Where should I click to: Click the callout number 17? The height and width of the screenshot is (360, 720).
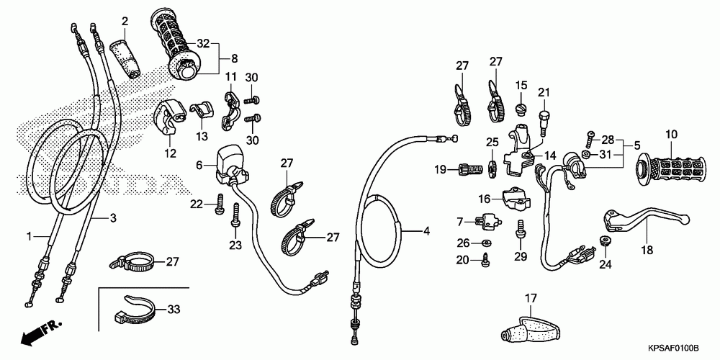pos(531,297)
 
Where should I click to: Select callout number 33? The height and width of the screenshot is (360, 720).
pos(174,310)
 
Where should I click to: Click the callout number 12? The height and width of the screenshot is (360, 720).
pos(170,153)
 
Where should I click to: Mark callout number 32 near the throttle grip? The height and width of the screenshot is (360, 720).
pos(204,43)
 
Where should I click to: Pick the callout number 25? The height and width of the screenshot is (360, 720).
pos(492,141)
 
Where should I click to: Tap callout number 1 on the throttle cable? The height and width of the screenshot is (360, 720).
pos(30,236)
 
